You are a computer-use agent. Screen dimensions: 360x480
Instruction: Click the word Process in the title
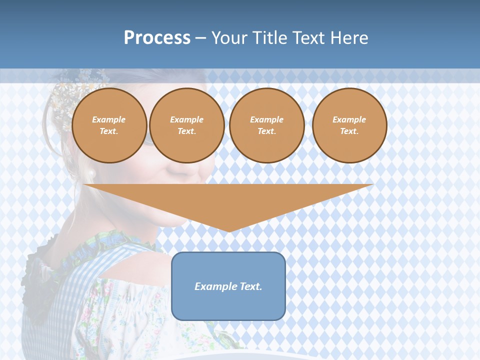(157, 38)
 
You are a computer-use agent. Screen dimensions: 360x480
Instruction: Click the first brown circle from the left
(109, 125)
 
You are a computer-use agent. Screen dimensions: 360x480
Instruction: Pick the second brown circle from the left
(186, 125)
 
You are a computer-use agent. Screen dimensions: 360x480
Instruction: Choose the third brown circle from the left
(266, 125)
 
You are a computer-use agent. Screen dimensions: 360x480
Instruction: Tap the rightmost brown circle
(349, 125)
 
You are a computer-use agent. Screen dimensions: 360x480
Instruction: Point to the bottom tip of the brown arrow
(229, 230)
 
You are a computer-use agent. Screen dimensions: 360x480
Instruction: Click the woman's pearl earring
(91, 173)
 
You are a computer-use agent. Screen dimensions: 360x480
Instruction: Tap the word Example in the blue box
(212, 286)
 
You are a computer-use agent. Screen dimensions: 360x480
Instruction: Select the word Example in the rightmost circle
(349, 119)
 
